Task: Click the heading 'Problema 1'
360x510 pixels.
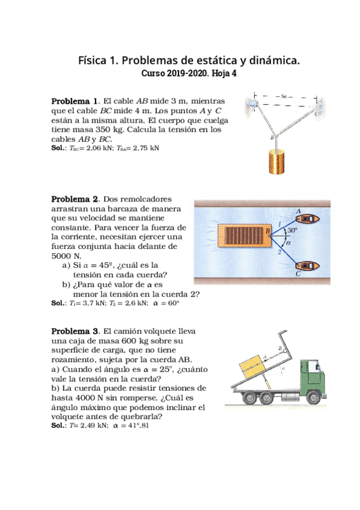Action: [75, 100]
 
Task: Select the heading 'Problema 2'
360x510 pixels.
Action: [75, 199]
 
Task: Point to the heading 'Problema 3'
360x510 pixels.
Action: [75, 331]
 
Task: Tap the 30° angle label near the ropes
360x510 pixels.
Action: [292, 230]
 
